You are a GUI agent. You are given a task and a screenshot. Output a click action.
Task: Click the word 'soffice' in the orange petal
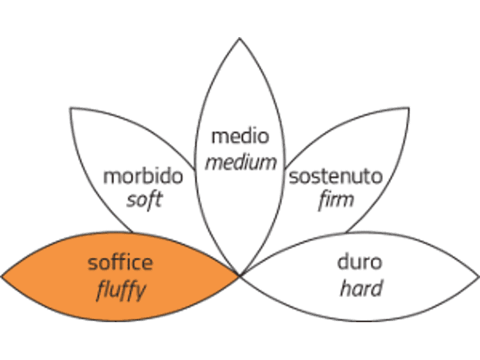(120, 263)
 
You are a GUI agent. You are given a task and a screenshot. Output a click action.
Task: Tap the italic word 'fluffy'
(121, 290)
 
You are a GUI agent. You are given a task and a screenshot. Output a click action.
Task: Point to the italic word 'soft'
(144, 200)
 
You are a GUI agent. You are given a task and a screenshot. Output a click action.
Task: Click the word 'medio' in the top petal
(241, 136)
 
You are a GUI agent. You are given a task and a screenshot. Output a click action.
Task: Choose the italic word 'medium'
(241, 163)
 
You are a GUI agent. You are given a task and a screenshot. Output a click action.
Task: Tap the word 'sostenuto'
(336, 176)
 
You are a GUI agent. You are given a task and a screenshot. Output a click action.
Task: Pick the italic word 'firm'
(337, 200)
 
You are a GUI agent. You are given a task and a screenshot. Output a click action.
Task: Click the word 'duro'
(359, 262)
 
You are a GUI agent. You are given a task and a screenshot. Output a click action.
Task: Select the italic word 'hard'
(361, 289)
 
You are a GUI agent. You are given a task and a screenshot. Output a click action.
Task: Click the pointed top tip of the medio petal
(239, 38)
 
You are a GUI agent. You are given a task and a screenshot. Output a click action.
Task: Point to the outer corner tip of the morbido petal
(71, 109)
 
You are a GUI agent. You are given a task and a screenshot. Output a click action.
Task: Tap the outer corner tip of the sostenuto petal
(409, 109)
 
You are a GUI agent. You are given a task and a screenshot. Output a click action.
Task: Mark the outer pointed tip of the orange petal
(2, 277)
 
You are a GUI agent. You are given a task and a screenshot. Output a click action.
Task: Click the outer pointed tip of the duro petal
(478, 277)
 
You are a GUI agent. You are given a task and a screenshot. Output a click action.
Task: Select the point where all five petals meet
(239, 275)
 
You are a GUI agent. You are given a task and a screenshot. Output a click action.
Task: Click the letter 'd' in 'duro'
(343, 262)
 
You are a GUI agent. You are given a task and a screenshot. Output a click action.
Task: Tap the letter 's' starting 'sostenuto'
(293, 178)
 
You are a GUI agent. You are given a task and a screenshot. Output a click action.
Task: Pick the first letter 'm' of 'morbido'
(112, 178)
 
